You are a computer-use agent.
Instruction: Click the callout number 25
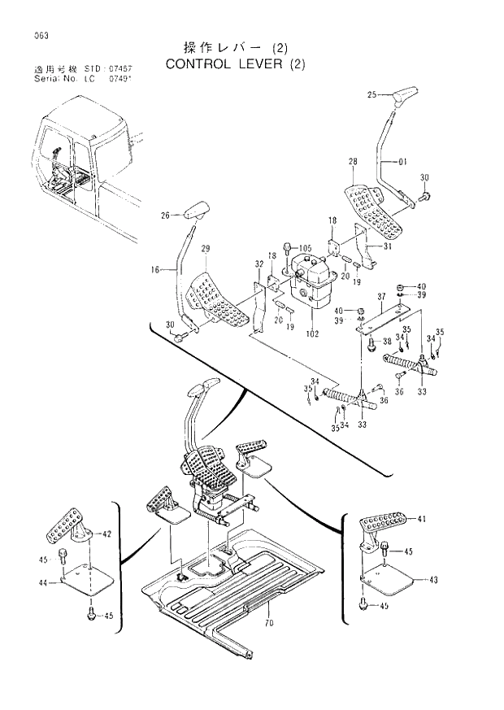pyautogui.click(x=372, y=95)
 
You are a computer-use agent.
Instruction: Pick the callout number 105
pyautogui.click(x=305, y=247)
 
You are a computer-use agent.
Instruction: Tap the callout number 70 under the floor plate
pyautogui.click(x=268, y=624)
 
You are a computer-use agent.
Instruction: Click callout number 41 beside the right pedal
pyautogui.click(x=421, y=518)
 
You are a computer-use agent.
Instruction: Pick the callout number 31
pyautogui.click(x=388, y=247)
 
